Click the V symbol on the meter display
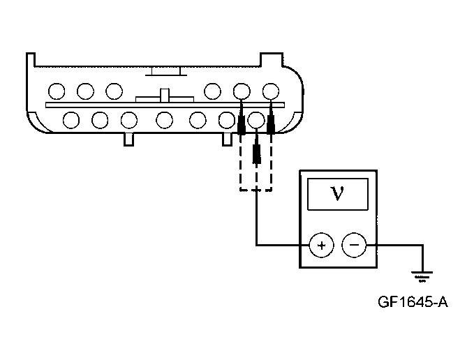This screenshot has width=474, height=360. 337,193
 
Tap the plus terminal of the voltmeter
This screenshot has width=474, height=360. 321,246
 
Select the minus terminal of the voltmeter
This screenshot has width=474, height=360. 354,246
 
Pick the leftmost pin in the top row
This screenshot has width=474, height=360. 57,91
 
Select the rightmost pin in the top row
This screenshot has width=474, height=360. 270,91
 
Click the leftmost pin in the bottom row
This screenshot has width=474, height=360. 71,120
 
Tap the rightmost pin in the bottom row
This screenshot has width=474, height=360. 257,120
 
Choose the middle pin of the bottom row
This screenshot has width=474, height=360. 164,120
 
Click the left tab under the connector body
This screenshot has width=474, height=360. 128,139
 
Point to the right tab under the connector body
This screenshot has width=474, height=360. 226,139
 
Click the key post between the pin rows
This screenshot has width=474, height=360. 165,96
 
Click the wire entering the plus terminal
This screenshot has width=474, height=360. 279,246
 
